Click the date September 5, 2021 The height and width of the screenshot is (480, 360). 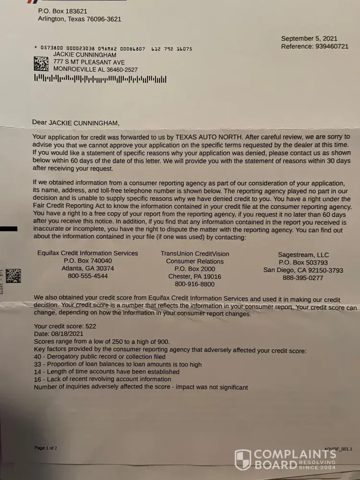pyautogui.click(x=309, y=38)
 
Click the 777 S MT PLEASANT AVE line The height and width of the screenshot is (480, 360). pyautogui.click(x=89, y=62)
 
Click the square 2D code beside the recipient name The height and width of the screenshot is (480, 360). pyautogui.click(x=41, y=63)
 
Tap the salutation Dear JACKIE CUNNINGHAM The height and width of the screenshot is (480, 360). pyautogui.click(x=75, y=122)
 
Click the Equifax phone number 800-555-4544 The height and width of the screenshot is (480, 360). pyautogui.click(x=88, y=276)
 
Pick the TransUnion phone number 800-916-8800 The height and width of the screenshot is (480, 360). pyautogui.click(x=194, y=284)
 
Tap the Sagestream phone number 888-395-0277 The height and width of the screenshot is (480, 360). pyautogui.click(x=303, y=278)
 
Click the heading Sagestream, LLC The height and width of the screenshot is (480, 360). pyautogui.click(x=303, y=254)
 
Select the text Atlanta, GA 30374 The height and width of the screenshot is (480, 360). pyautogui.click(x=88, y=268)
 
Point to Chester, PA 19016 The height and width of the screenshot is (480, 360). pyautogui.click(x=194, y=276)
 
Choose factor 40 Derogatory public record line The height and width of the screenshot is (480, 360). pyautogui.click(x=100, y=357)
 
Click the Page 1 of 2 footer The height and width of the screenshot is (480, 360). pyautogui.click(x=46, y=448)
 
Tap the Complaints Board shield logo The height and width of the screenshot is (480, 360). pyautogui.click(x=242, y=459)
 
